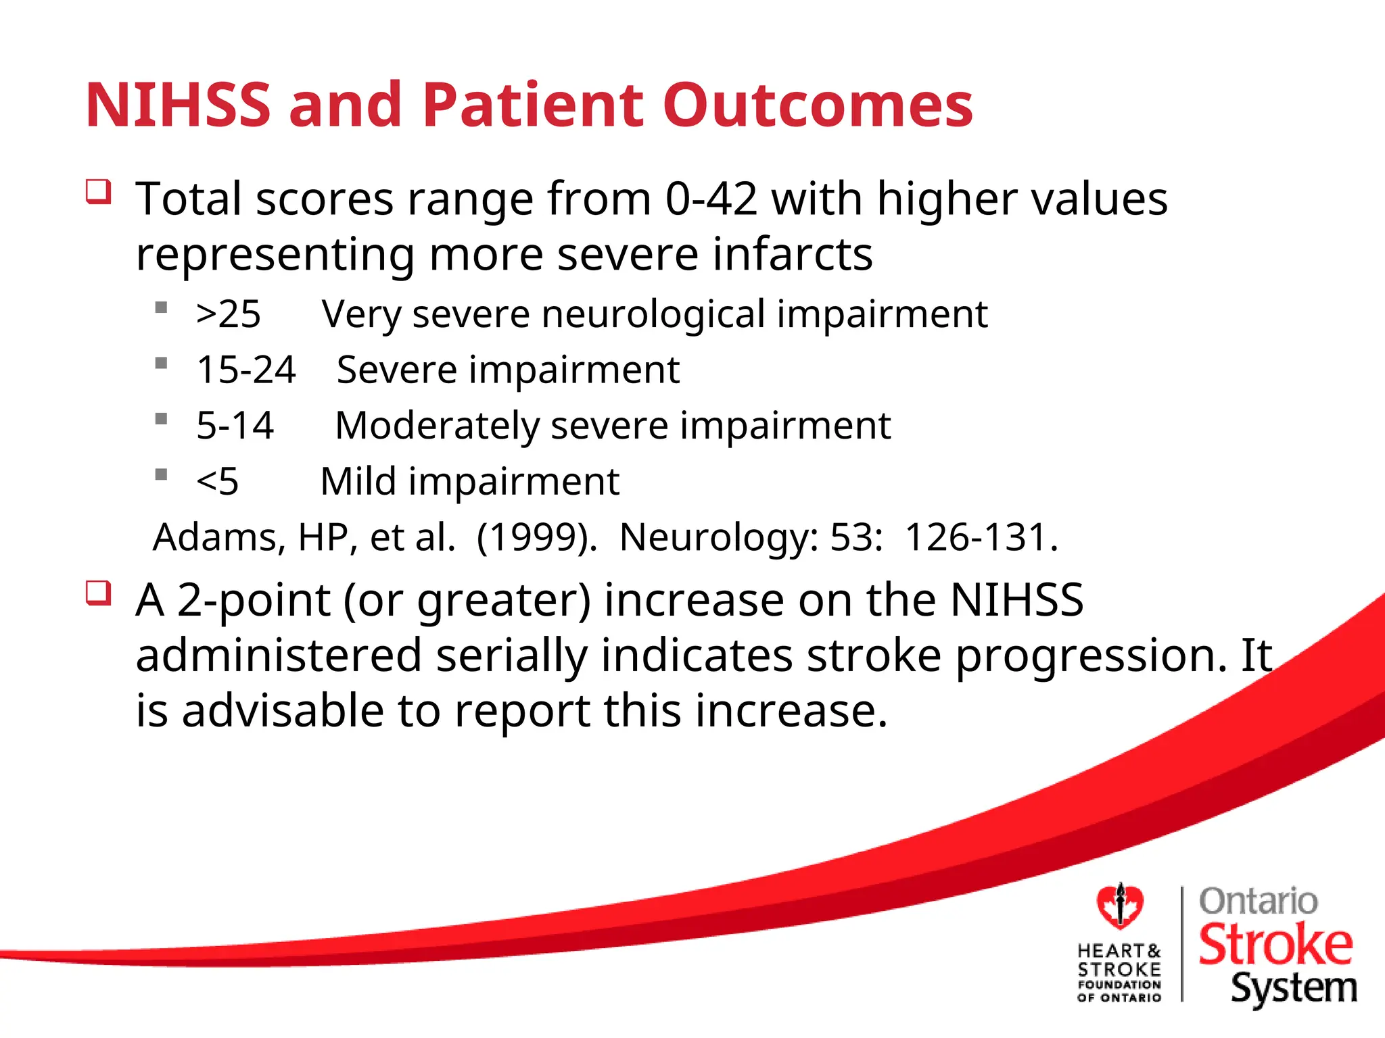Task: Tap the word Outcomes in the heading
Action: (818, 105)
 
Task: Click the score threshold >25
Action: (228, 314)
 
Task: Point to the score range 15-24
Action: (246, 370)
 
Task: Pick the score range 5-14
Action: (235, 426)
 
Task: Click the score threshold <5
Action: (217, 482)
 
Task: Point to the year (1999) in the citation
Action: (536, 538)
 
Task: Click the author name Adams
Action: (216, 538)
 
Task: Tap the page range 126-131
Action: (981, 538)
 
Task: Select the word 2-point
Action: (254, 601)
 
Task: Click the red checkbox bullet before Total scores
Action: (99, 192)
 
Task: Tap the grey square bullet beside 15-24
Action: (161, 364)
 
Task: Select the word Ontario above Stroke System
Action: (1258, 901)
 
